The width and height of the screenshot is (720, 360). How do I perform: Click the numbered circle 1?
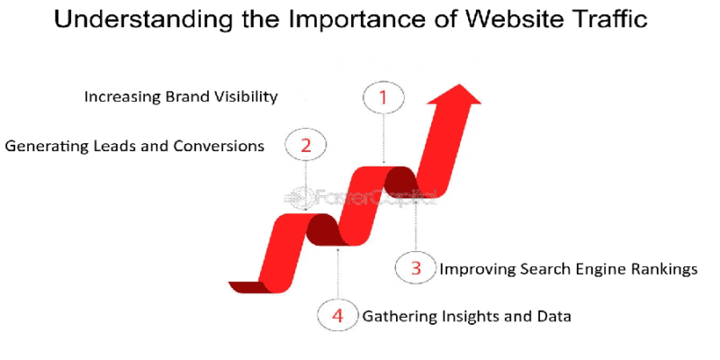coord(383,97)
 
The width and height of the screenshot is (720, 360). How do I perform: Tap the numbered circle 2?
coord(306,145)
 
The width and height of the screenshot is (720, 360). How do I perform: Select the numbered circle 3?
coord(416,267)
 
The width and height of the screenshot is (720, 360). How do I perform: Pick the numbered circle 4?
coord(337,315)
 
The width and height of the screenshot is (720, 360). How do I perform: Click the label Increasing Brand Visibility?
coord(180,96)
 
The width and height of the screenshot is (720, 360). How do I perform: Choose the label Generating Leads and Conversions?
coord(135,146)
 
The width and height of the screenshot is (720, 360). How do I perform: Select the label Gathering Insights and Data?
coord(467,316)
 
